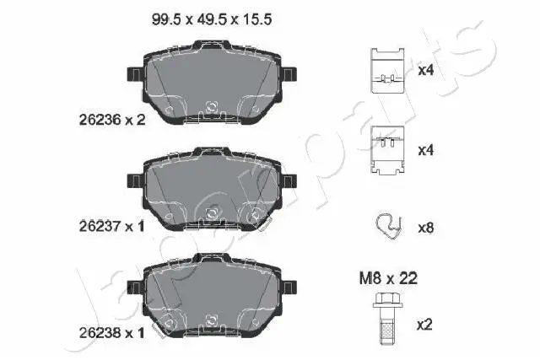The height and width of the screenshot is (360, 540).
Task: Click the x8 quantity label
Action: (x=427, y=227)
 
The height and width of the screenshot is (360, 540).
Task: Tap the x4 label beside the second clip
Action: (x=427, y=150)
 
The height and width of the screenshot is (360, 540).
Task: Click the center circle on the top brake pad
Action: (x=213, y=107)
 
